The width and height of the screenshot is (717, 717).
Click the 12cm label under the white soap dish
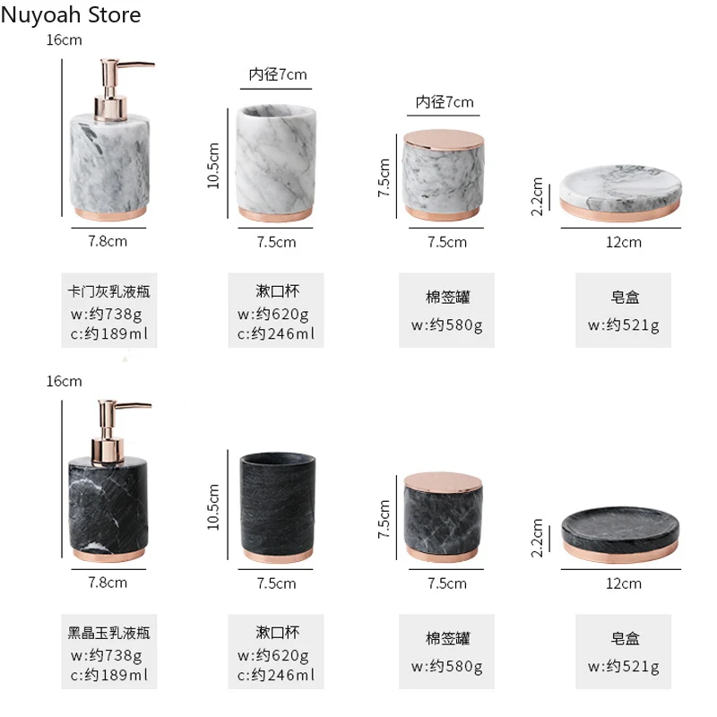624,242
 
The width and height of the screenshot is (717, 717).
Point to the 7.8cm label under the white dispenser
108,241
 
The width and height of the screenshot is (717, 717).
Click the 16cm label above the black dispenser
65,381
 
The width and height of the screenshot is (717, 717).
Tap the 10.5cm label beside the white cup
213,168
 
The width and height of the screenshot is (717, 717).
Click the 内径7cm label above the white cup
277,74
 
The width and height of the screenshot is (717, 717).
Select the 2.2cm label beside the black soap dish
537,538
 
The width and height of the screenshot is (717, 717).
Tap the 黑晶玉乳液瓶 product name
109,633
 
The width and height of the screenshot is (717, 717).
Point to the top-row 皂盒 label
624,298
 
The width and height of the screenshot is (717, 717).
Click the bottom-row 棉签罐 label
447,639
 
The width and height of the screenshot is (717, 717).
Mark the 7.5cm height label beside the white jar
384,177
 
